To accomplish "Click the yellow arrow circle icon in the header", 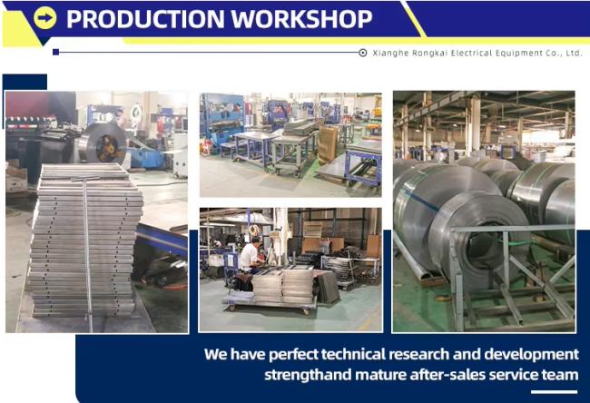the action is [x=45, y=17].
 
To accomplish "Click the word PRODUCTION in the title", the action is [x=145, y=19].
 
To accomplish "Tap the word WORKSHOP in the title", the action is [x=301, y=19].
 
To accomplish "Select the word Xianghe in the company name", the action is [x=390, y=53].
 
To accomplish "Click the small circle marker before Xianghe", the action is [x=363, y=53].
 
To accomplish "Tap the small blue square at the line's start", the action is [x=55, y=52].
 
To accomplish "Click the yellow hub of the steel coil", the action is [x=107, y=148].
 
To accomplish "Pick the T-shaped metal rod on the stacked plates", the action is [x=87, y=241].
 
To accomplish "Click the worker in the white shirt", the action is [x=249, y=255].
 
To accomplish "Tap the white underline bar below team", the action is [x=554, y=392].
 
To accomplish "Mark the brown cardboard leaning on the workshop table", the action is [x=328, y=144].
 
